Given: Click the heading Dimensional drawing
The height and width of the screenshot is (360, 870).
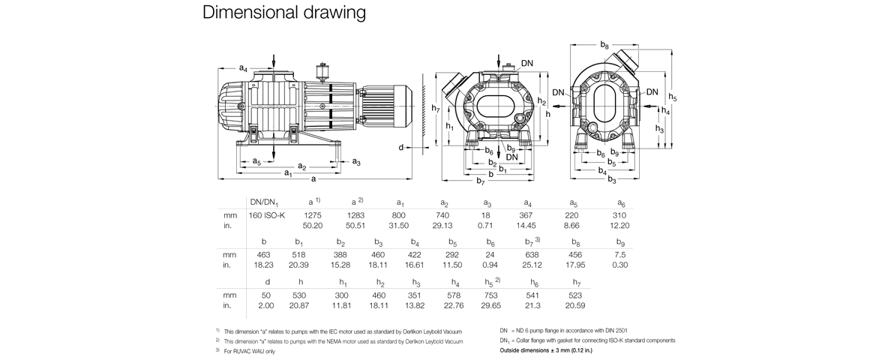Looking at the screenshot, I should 284,13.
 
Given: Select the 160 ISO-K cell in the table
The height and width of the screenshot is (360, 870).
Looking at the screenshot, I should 267,216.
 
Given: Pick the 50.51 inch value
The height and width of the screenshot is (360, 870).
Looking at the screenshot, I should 355,225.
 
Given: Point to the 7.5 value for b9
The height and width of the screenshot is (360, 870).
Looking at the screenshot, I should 620,255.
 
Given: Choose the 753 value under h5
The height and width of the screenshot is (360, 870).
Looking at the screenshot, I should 491,295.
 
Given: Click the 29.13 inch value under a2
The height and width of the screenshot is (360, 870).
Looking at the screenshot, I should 443,225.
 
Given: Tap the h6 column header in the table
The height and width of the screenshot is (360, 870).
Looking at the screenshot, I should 534,282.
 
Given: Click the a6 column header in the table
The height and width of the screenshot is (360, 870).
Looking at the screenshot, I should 620,202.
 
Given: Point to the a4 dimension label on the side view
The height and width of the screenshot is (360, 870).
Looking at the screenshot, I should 243,69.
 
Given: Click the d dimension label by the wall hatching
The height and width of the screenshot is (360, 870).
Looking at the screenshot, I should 401,147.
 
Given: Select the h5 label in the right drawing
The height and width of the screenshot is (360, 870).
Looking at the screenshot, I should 673,98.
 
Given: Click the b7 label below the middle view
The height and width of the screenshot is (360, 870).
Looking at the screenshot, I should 481,182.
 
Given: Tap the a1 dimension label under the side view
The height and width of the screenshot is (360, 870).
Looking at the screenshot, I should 287,174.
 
